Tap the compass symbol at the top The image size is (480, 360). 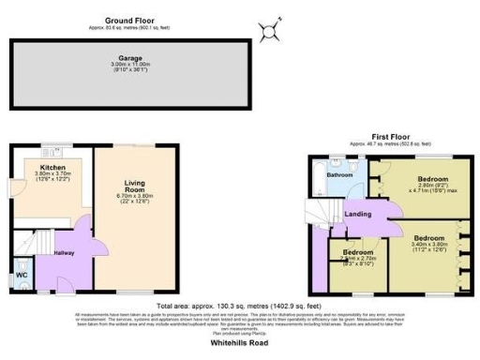point(271,32)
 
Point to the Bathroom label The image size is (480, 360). point(339,175)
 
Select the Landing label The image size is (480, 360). point(358,215)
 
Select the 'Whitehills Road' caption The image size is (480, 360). point(239,343)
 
